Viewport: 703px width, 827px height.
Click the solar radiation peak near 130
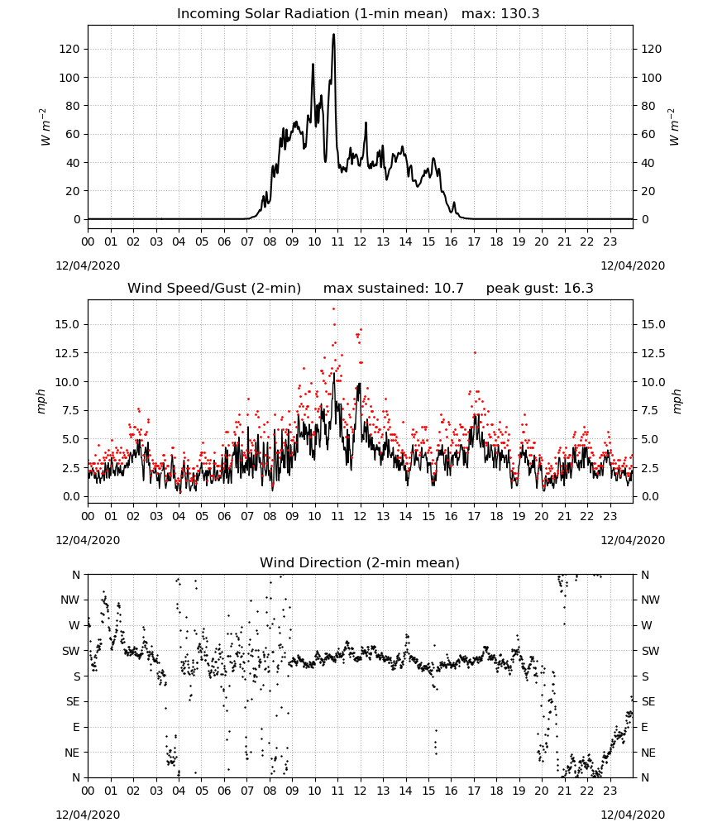click(334, 36)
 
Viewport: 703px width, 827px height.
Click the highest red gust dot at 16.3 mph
click(334, 309)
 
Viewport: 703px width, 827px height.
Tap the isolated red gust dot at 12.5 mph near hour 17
click(475, 352)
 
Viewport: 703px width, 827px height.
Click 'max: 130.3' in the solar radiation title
click(500, 13)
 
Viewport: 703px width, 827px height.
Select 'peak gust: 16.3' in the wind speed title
click(539, 288)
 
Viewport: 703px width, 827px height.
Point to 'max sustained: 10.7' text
click(394, 288)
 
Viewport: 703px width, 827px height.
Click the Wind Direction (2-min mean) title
click(360, 562)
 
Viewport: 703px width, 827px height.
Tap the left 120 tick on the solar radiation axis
click(69, 49)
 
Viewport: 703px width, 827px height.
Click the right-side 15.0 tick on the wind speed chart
click(653, 324)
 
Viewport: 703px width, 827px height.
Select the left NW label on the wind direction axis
click(70, 600)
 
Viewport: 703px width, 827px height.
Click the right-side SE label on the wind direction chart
click(648, 701)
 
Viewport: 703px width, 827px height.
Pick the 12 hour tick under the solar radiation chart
click(361, 242)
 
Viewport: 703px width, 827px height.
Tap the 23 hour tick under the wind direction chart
click(610, 791)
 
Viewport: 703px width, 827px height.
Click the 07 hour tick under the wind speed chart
click(246, 516)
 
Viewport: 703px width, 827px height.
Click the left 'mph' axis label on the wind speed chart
click(41, 401)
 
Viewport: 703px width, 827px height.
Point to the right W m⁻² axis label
click(674, 127)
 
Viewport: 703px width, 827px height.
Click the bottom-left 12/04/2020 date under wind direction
click(88, 815)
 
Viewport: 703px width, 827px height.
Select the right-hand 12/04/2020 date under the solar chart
click(633, 265)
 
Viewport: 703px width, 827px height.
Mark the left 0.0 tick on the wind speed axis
click(68, 496)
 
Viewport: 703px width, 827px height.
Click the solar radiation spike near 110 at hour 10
click(313, 65)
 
